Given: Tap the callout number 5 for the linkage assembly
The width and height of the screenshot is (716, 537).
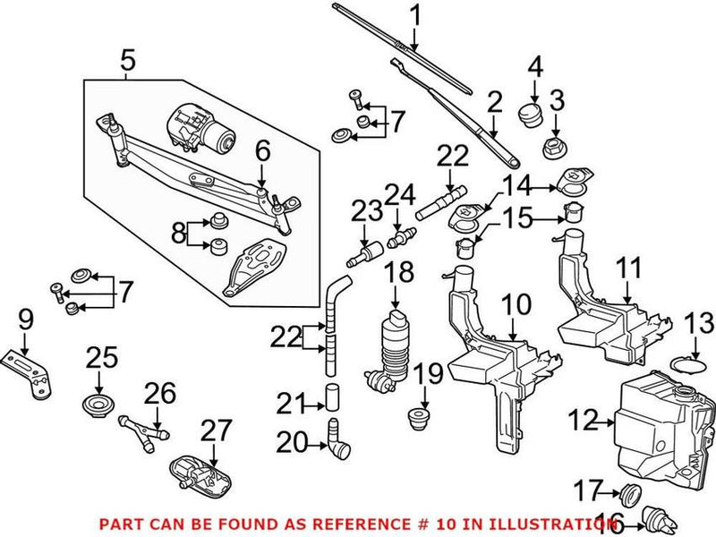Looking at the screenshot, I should coord(128,62).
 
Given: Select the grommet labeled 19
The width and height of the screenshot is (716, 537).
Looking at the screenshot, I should coord(416,418).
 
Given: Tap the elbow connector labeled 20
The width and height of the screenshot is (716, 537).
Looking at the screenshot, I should coord(339,439).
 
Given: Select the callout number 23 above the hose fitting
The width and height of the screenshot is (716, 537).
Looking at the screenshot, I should coord(365,211).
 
